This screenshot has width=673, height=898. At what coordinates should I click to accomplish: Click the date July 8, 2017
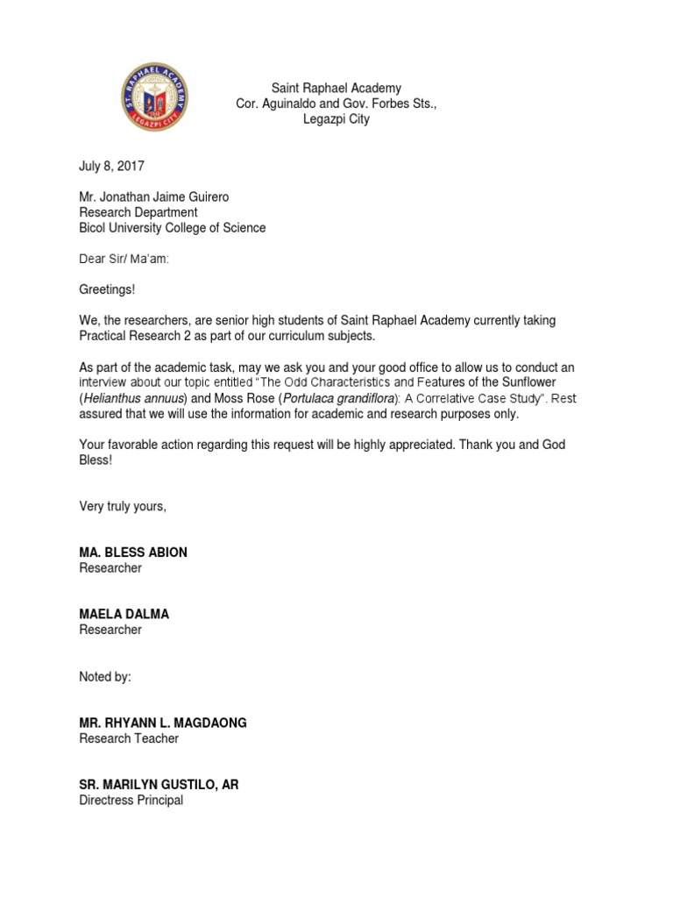(111, 166)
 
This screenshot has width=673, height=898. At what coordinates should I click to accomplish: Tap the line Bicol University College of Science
(172, 228)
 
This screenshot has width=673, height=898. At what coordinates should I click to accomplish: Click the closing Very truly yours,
(123, 506)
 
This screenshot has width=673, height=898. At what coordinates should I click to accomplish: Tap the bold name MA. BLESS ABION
(133, 552)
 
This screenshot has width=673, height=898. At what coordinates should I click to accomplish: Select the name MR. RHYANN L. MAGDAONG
(163, 723)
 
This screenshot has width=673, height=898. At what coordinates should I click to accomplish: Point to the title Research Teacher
(129, 738)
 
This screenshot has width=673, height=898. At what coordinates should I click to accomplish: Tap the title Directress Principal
(131, 801)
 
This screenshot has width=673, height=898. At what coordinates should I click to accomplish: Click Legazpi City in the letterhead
(336, 119)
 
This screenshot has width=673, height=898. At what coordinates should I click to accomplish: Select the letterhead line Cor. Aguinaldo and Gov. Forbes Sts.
(336, 103)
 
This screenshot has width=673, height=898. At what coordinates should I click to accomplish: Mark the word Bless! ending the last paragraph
(96, 460)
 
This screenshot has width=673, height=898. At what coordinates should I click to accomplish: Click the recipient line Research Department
(138, 212)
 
